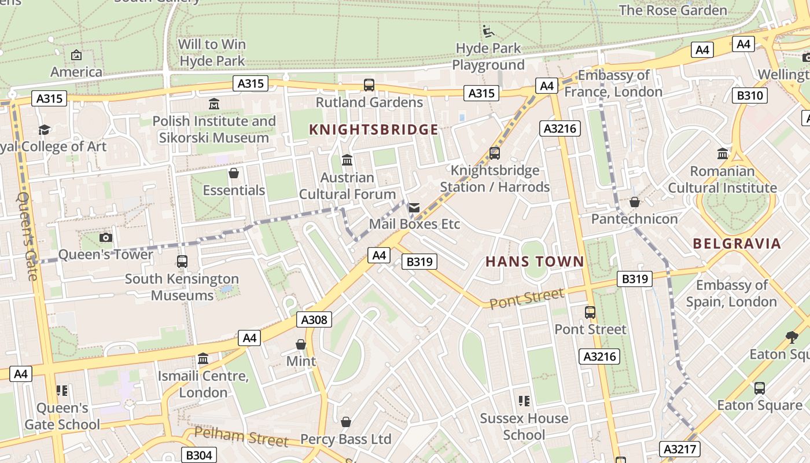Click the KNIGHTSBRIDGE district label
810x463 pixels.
[x=374, y=129]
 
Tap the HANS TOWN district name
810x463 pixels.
[x=535, y=262]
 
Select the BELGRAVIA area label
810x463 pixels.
[x=737, y=243]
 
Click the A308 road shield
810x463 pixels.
[x=315, y=319]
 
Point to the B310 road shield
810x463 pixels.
[x=749, y=95]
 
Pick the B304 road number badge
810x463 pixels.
[x=198, y=455]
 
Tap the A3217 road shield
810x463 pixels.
[x=680, y=449]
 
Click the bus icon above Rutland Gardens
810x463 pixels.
[x=369, y=85]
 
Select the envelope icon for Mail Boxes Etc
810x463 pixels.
[x=414, y=207]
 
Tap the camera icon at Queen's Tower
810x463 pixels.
[x=105, y=237]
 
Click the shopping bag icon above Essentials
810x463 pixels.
[x=234, y=174]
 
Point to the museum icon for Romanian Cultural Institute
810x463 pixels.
[x=723, y=154]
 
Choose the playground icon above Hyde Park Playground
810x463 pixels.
[x=488, y=31]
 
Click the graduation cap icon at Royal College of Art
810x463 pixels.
[x=45, y=130]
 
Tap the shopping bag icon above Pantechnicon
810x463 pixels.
[x=635, y=202]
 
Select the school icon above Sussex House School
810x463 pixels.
[x=524, y=401]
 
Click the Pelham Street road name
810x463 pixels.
[x=241, y=437]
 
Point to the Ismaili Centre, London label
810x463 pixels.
[x=203, y=384]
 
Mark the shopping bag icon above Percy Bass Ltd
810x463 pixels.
[x=346, y=422]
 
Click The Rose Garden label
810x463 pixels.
[x=673, y=10]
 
